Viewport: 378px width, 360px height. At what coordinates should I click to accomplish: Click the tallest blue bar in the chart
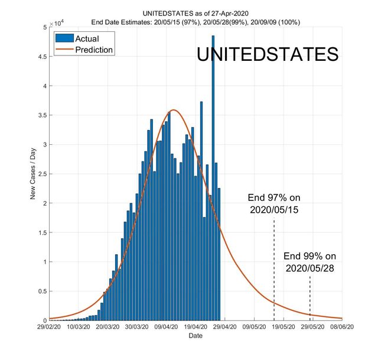coord(213,177)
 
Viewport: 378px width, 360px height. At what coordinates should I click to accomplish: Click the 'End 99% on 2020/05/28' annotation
coord(309,262)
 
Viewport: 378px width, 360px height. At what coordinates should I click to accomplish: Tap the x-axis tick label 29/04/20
coord(225,326)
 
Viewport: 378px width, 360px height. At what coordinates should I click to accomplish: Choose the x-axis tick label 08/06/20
coord(342,326)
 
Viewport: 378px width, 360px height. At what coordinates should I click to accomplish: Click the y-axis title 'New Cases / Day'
coord(34,174)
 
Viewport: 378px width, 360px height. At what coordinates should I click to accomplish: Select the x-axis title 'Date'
coord(195,336)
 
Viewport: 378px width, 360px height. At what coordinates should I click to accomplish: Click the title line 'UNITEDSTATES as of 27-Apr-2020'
coord(195,14)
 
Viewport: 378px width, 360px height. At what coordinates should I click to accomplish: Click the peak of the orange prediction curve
coord(174,110)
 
